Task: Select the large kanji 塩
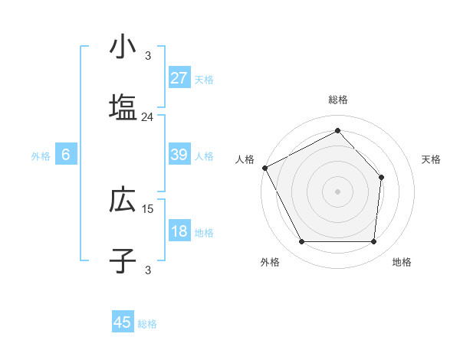click(x=122, y=107)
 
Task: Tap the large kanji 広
click(x=122, y=200)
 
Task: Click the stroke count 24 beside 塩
click(x=147, y=117)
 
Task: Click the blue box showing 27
click(x=179, y=78)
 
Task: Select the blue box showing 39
click(x=179, y=155)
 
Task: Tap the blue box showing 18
click(x=179, y=232)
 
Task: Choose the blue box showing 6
click(x=66, y=155)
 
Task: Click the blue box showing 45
click(x=123, y=323)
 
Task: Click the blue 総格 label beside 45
click(x=147, y=324)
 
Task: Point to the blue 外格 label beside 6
click(x=41, y=156)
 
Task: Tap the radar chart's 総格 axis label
click(x=338, y=100)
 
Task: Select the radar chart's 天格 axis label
click(x=432, y=159)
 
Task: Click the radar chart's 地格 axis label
click(x=402, y=262)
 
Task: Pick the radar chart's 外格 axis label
click(x=270, y=262)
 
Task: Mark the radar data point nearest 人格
click(x=264, y=168)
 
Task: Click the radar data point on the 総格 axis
click(x=337, y=131)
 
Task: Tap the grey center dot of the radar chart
click(x=337, y=191)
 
